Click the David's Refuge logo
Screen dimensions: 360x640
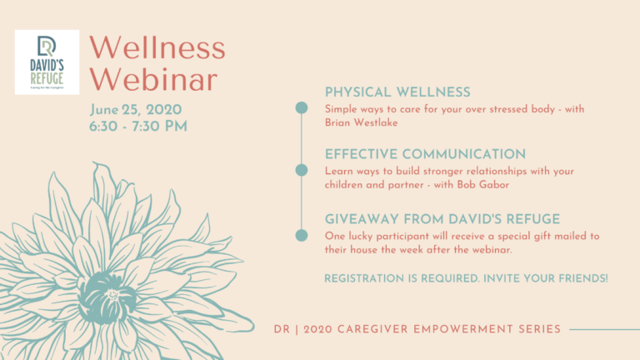(47, 62)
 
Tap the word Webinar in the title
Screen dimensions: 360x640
(155, 79)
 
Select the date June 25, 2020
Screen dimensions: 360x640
(137, 110)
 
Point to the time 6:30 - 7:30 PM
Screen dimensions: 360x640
(139, 126)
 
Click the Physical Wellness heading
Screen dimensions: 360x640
(397, 92)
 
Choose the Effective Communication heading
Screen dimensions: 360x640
(425, 154)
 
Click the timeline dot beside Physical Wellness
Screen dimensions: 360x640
(302, 107)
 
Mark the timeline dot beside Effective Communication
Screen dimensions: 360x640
(302, 170)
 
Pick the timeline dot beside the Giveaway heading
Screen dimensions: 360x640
(302, 235)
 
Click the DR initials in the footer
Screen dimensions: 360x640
(282, 329)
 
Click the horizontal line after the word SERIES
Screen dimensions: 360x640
(604, 329)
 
